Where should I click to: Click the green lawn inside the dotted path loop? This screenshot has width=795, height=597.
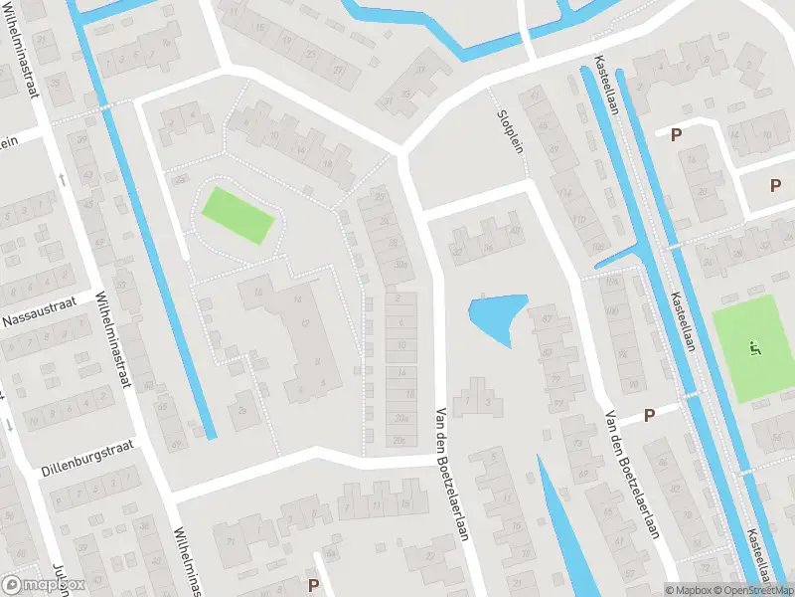point(238,214)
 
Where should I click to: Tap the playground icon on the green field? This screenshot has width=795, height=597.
point(755,347)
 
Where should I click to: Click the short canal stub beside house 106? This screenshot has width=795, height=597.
point(616,258)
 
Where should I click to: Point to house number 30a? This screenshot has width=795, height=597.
point(400,264)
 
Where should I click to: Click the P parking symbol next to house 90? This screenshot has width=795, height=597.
point(650,415)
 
